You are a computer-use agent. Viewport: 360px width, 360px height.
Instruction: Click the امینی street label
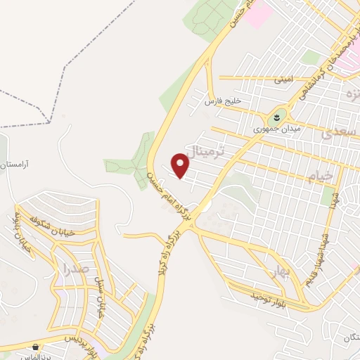tap(283, 79)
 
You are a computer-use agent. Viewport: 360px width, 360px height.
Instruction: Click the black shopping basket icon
tap(35, 347)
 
